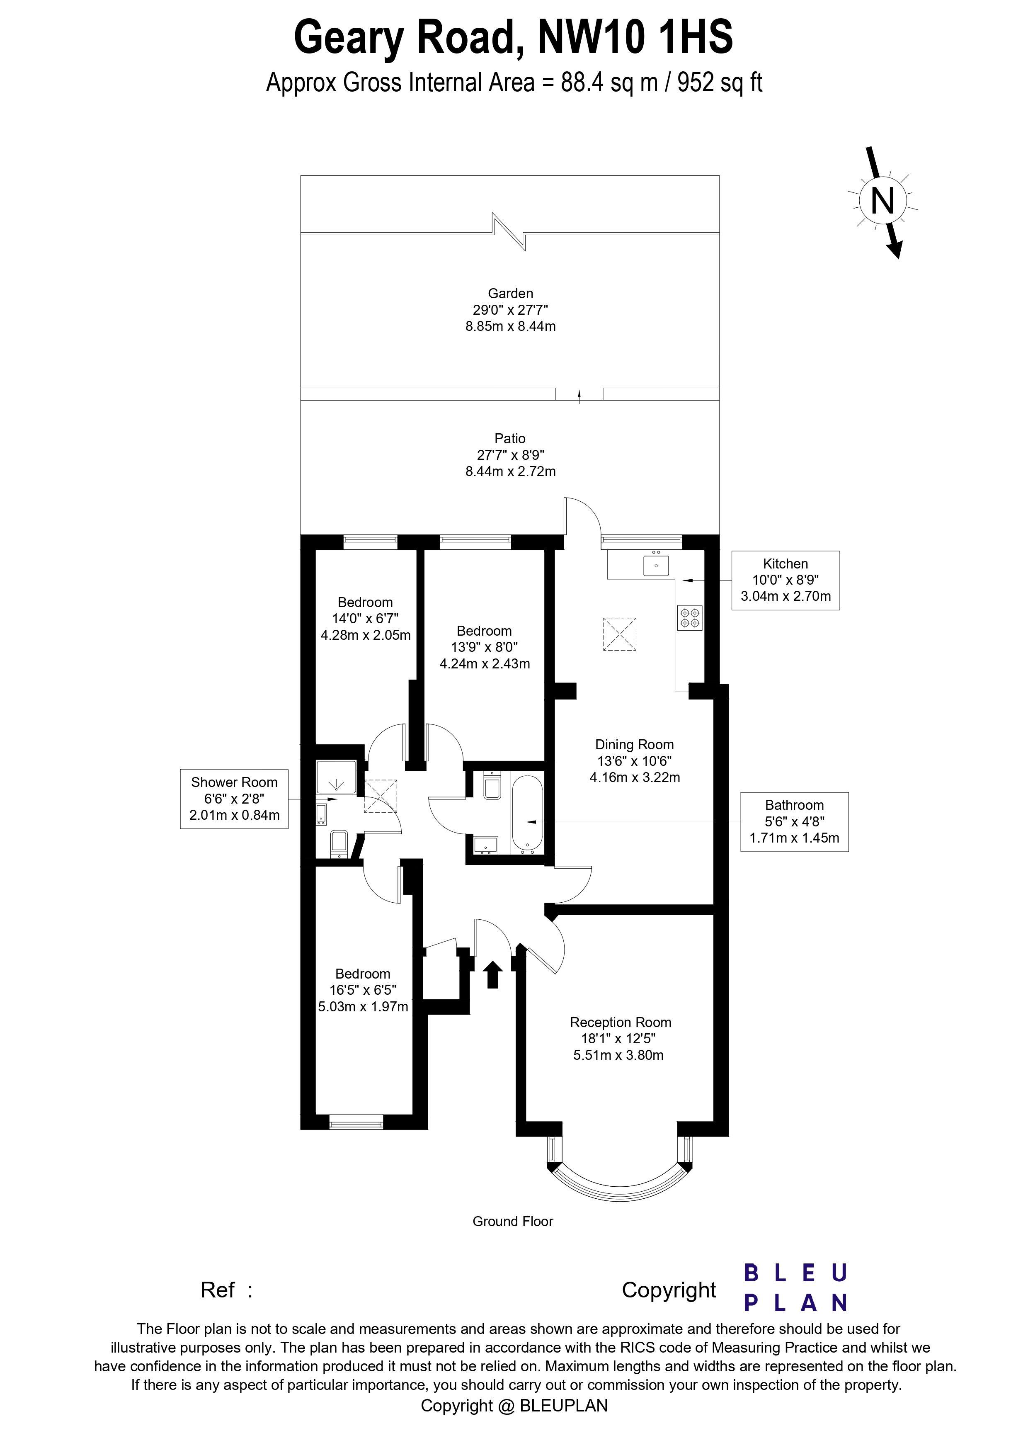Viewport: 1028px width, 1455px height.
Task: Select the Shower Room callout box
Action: click(234, 799)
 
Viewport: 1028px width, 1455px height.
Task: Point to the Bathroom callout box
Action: click(794, 821)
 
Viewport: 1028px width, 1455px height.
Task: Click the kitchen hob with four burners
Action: click(690, 618)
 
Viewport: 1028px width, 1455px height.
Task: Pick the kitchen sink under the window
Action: click(656, 565)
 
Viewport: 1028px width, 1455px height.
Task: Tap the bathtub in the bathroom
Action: click(526, 814)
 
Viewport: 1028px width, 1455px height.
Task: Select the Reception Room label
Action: click(620, 1022)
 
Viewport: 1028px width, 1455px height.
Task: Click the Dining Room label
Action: click(634, 745)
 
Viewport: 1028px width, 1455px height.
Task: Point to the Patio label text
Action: click(510, 439)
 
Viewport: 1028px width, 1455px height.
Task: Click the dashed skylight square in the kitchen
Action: click(619, 634)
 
